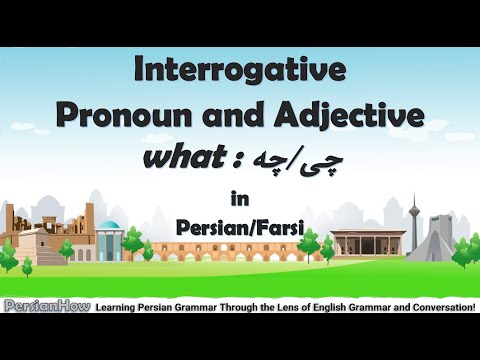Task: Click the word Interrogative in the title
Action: pyautogui.click(x=240, y=72)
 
